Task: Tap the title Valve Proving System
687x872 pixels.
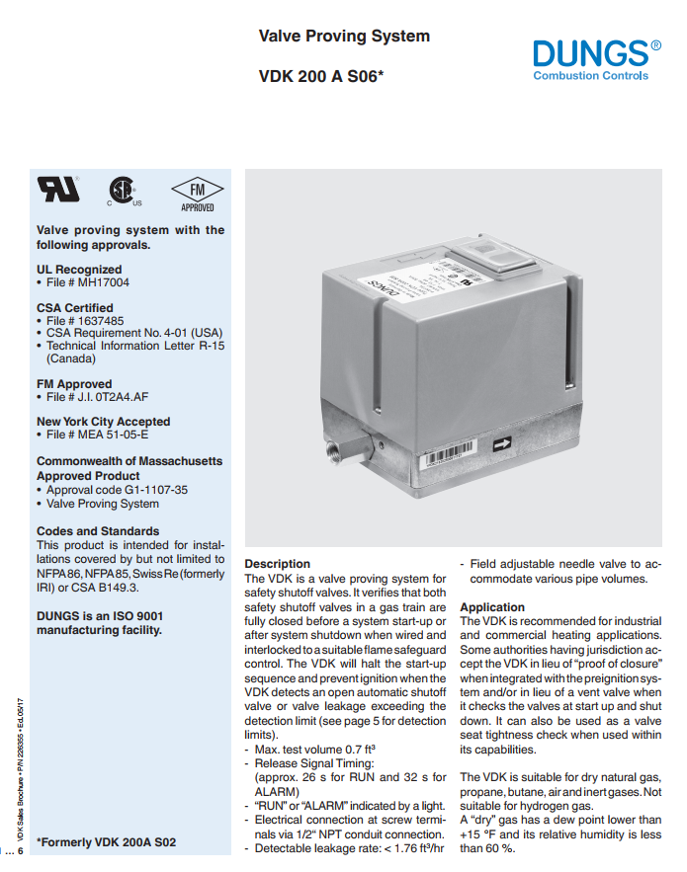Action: pos(344,37)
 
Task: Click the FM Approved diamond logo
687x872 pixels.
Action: pos(197,192)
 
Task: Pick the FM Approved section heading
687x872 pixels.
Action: pos(74,384)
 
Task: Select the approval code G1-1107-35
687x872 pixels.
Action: pos(144,489)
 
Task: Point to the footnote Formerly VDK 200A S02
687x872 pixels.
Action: pos(107,842)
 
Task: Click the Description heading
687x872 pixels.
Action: pos(277,564)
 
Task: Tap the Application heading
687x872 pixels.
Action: pos(492,607)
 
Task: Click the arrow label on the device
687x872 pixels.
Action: pos(502,443)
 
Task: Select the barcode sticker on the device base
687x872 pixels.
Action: pos(446,458)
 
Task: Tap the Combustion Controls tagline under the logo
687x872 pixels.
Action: pos(591,76)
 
